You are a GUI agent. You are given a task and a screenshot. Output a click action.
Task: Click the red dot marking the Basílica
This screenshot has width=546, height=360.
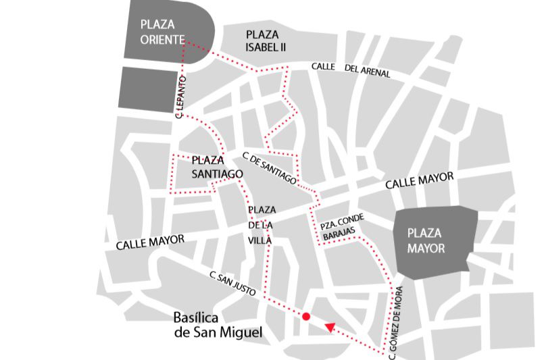coord(306,316)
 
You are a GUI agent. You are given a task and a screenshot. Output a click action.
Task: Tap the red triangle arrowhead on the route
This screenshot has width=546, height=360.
coord(330,328)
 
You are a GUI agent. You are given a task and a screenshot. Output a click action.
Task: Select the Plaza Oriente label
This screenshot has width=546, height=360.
coord(162,32)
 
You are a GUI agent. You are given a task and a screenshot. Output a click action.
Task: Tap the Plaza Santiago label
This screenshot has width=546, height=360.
coord(217,167)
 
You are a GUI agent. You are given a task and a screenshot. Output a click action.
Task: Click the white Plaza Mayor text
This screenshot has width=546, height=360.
coord(426,240)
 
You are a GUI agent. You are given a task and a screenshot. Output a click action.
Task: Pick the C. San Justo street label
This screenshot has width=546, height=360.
coord(232,284)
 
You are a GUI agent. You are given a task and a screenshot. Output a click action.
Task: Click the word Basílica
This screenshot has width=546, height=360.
coord(197,317)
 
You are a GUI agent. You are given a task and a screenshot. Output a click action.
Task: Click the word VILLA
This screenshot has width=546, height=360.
coord(260,240)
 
